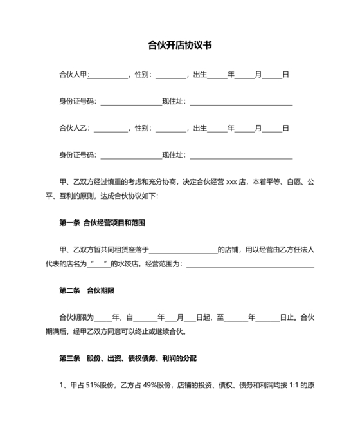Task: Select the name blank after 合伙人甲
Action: click(109, 76)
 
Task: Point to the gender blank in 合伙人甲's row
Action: click(170, 76)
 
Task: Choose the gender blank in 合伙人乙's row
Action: click(170, 129)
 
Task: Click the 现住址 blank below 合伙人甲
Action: click(240, 103)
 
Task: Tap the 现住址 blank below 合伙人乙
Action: click(240, 156)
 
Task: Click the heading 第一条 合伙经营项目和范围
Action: click(102, 223)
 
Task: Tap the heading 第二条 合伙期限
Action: click(87, 291)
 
